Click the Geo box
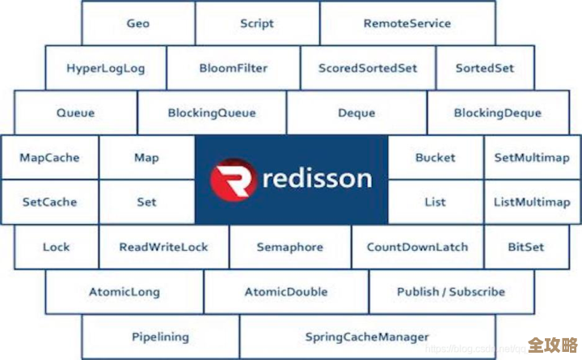pos(138,23)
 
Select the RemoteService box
pos(407,23)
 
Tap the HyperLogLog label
pos(106,68)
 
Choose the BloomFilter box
pos(234,68)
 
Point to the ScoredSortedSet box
pos(368,68)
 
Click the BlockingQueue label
pos(212,113)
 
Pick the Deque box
pos(356,113)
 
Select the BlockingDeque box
pos(498,113)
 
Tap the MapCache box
pos(49,158)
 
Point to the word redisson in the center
pos(316,178)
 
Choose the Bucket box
pos(436,158)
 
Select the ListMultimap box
pos(532,202)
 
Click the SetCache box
pos(49,202)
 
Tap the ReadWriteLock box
pos(164,247)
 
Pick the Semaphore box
pos(290,247)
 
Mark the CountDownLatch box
pos(417,247)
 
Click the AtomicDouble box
pos(286,292)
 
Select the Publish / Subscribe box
pos(451,292)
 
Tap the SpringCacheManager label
pos(367,337)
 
